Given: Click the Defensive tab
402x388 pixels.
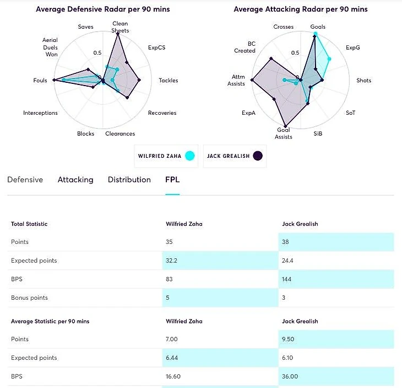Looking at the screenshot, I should pyautogui.click(x=25, y=180).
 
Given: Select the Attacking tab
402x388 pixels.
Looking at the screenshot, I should pyautogui.click(x=75, y=180).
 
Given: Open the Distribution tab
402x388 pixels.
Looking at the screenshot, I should pyautogui.click(x=129, y=180).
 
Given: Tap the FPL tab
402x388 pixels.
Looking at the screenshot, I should pyautogui.click(x=172, y=180).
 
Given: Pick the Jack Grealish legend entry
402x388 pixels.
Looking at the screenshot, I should pyautogui.click(x=235, y=156).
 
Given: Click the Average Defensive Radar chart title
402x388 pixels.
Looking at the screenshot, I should pyautogui.click(x=103, y=9).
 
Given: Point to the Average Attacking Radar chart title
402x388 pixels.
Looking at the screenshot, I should pyautogui.click(x=300, y=9).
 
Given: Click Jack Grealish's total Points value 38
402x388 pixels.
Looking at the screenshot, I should pyautogui.click(x=285, y=242).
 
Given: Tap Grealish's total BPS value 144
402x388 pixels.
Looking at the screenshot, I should pyautogui.click(x=287, y=279).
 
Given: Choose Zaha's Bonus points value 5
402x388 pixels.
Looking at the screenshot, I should pyautogui.click(x=167, y=298).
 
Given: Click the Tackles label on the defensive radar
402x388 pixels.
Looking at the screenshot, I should pyautogui.click(x=168, y=81).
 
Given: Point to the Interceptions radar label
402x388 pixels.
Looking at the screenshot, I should pyautogui.click(x=40, y=113).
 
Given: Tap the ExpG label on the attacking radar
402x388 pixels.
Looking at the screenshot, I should pyautogui.click(x=352, y=47).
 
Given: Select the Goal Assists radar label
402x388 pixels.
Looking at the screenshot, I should pyautogui.click(x=284, y=134).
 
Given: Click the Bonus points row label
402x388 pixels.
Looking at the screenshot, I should pyautogui.click(x=29, y=298).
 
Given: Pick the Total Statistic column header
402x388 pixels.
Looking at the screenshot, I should pyautogui.click(x=29, y=224).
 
